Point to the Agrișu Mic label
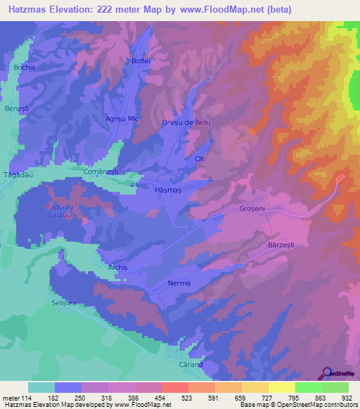tap(122, 119)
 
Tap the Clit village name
tap(199, 160)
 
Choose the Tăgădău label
tap(15, 174)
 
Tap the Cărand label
tap(190, 365)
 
